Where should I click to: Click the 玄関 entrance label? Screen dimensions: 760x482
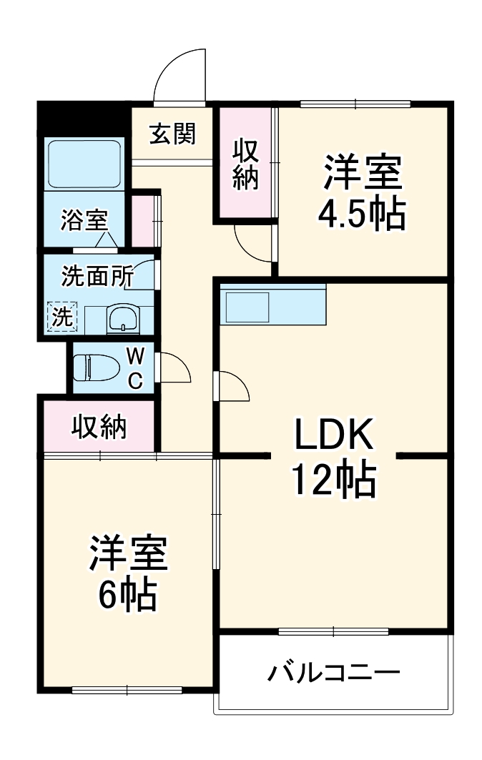tap(172, 134)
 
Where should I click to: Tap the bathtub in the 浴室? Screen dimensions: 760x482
tap(84, 164)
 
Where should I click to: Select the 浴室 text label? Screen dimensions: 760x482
tap(83, 220)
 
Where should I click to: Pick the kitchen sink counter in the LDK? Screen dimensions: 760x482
tap(272, 305)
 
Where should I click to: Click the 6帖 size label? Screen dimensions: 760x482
tap(129, 593)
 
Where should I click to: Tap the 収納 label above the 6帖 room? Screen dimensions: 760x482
tap(99, 427)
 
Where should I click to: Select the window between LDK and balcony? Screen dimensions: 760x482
tap(333, 631)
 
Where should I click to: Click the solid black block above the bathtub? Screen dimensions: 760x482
tap(83, 119)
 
